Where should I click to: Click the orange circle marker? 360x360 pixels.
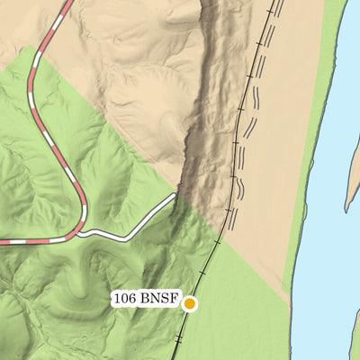(x=189, y=304)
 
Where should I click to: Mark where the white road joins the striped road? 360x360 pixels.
(x=79, y=231)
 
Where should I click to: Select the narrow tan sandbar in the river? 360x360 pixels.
(x=351, y=189)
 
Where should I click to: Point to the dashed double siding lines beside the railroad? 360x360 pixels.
(x=252, y=108)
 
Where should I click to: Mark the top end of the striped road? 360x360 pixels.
(x=68, y=3)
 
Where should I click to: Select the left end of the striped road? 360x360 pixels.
(x=3, y=241)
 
